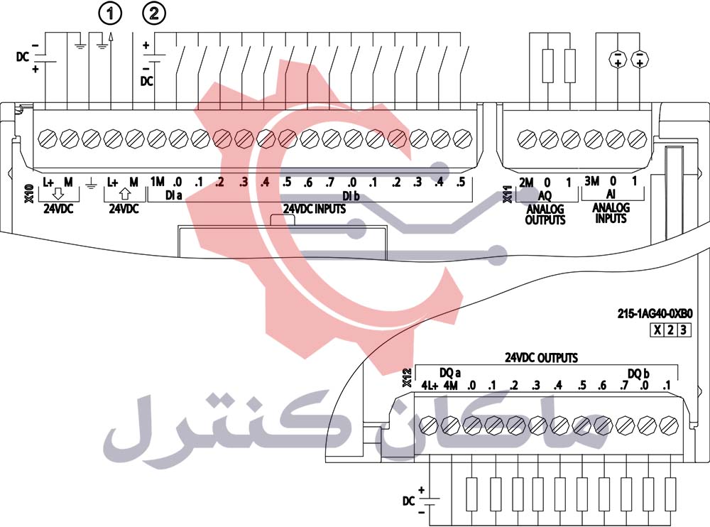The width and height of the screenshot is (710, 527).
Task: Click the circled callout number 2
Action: [155, 12]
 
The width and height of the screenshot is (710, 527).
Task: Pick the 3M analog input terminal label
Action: [592, 183]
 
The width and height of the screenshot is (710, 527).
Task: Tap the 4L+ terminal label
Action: [428, 386]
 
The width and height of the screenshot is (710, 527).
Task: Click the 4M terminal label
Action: [450, 386]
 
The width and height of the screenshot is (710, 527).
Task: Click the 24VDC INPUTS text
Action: [315, 209]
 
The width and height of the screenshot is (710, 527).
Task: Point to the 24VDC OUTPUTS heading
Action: [541, 358]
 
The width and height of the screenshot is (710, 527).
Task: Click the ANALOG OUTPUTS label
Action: [545, 214]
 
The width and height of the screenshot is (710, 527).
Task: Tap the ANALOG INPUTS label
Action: [610, 213]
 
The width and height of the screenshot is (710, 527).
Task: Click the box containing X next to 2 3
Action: [657, 330]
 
